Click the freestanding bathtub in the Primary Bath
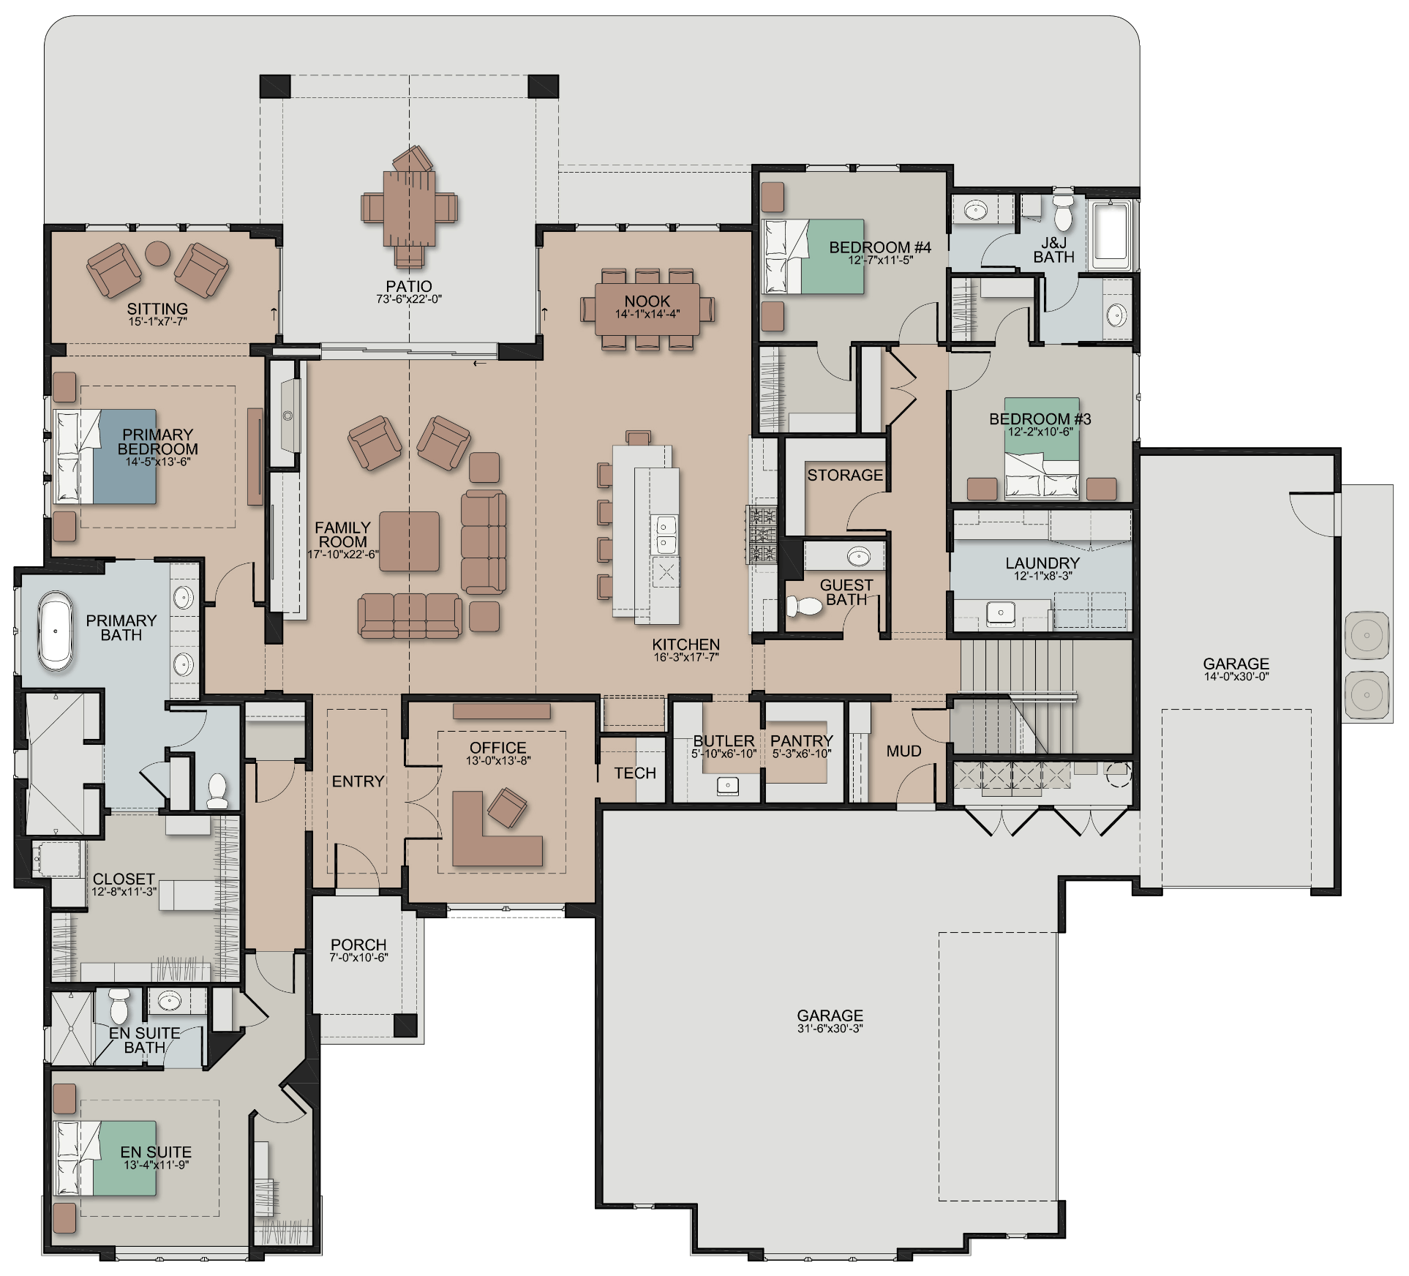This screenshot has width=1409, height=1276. point(56,632)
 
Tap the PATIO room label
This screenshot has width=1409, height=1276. point(409,286)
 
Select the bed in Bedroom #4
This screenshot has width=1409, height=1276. point(813,257)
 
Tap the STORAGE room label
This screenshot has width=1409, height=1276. point(845,475)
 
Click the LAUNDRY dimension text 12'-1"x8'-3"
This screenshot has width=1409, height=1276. point(1042,576)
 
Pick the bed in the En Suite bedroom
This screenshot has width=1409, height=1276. point(106,1158)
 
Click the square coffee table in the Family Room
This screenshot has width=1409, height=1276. point(409,541)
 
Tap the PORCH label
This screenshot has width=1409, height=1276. point(358,945)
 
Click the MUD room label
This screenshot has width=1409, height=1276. point(903,751)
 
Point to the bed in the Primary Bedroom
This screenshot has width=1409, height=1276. point(105,457)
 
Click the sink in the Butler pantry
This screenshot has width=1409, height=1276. point(727,786)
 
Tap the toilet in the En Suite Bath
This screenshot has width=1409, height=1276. point(119,1007)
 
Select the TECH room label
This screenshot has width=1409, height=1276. point(635,773)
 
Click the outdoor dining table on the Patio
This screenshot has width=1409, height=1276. point(409,208)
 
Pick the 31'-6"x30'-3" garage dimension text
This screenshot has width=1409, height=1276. point(830,1028)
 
